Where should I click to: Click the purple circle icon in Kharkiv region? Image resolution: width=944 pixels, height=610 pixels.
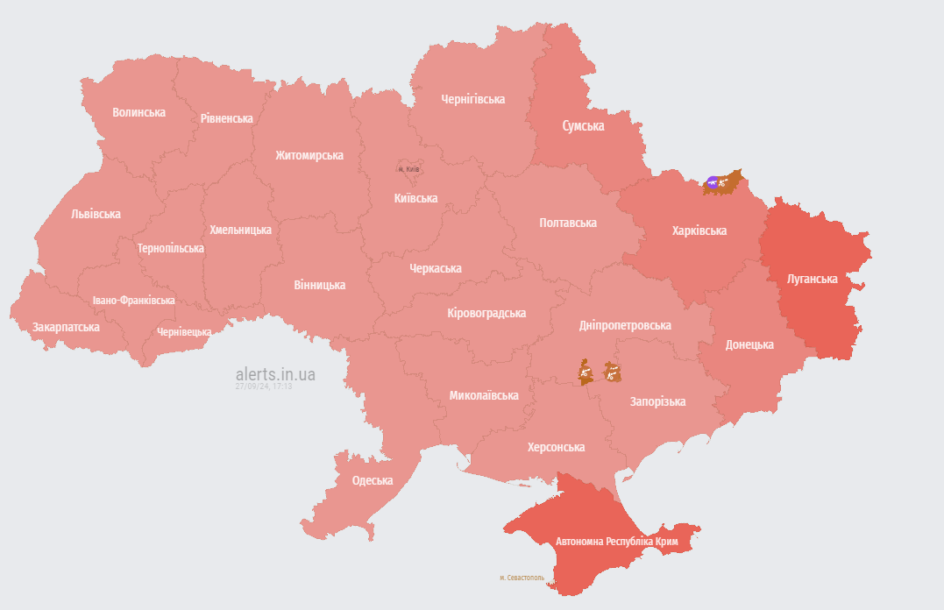click(x=713, y=183)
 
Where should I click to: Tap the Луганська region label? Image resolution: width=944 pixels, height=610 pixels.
click(x=813, y=279)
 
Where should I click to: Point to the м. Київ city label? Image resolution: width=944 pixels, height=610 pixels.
click(x=408, y=169)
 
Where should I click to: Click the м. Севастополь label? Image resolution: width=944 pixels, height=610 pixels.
click(x=522, y=578)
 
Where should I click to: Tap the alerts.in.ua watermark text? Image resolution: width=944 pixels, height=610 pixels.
click(x=275, y=374)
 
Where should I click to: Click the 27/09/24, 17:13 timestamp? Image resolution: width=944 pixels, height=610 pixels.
click(x=264, y=386)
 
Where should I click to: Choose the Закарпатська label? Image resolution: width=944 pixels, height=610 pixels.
click(x=66, y=327)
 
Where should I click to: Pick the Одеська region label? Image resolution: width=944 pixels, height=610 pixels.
click(x=373, y=480)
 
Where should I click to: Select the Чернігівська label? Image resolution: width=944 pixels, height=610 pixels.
click(x=472, y=99)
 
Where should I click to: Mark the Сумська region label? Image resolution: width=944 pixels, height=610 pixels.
click(x=583, y=126)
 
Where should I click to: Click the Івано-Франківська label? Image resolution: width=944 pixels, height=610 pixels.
click(x=133, y=301)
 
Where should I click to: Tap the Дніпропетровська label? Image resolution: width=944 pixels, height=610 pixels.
click(x=625, y=325)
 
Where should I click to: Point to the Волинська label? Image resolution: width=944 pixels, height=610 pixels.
click(x=138, y=112)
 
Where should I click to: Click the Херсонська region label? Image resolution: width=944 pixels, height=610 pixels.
click(x=556, y=447)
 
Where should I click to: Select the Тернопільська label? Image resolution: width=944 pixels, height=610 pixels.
click(x=170, y=248)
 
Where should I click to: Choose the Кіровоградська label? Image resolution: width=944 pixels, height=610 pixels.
click(x=486, y=313)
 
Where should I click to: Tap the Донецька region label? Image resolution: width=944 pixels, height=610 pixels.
click(x=749, y=344)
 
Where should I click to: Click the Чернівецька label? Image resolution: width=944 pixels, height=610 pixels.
click(x=184, y=332)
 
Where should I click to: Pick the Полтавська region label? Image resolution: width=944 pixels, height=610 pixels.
click(x=567, y=223)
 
